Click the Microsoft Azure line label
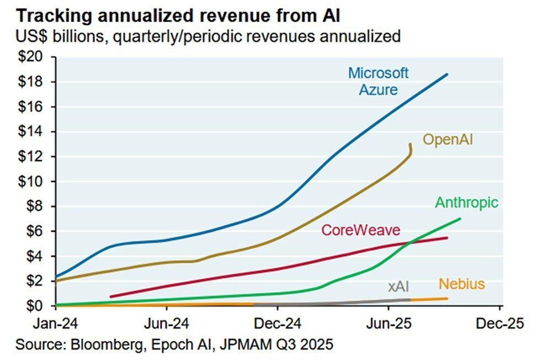(x=378, y=81)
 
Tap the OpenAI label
(x=448, y=139)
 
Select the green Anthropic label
(x=466, y=202)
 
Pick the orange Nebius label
(x=461, y=284)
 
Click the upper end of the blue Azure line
(x=447, y=74)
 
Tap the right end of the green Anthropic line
(x=460, y=219)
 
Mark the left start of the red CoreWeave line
(x=111, y=297)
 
